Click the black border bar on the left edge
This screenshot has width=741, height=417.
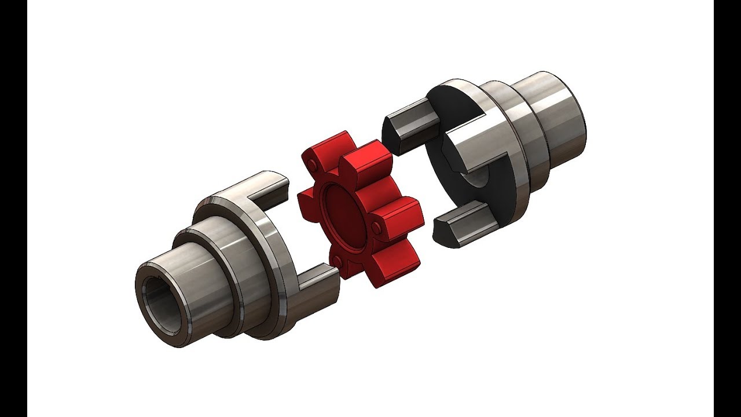(13, 209)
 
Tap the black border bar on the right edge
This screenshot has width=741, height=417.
(727, 209)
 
